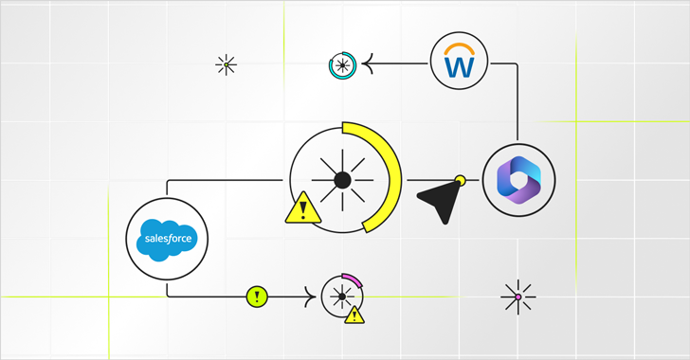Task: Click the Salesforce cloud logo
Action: [x=166, y=238]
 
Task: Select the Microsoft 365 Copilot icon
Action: [x=518, y=179]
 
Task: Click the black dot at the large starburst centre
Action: [x=342, y=179]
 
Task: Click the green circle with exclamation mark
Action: [x=256, y=297]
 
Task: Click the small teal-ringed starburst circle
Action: [x=342, y=65]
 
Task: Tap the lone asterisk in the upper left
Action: [x=226, y=64]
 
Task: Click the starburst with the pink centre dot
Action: [x=517, y=297]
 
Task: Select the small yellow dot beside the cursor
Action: [x=461, y=178]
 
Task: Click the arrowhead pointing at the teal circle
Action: [x=370, y=64]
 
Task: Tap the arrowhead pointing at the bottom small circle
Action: [x=311, y=297]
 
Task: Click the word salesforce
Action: [x=166, y=239]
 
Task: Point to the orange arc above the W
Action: [x=459, y=47]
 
